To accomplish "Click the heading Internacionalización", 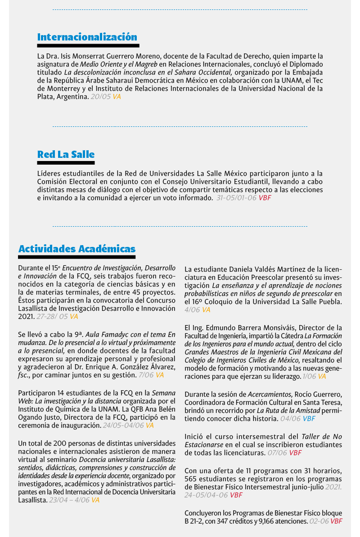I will [87, 37].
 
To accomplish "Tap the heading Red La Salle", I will [66, 155].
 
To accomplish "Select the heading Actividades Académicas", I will [76, 249].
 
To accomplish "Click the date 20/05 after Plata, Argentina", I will [100, 96].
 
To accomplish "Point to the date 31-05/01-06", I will [236, 197].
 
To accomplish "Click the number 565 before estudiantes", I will [192, 479].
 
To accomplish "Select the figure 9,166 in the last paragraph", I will [262, 521].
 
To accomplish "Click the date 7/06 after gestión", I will [146, 375].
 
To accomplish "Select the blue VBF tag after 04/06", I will [309, 418].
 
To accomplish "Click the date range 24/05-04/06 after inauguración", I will [123, 425].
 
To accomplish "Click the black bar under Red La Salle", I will [66, 163].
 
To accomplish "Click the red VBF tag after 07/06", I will [295, 452].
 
